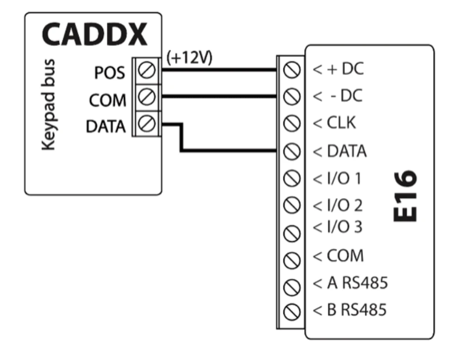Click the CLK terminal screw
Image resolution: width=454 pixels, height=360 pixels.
[289, 124]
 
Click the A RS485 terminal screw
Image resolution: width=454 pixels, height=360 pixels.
[289, 284]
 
